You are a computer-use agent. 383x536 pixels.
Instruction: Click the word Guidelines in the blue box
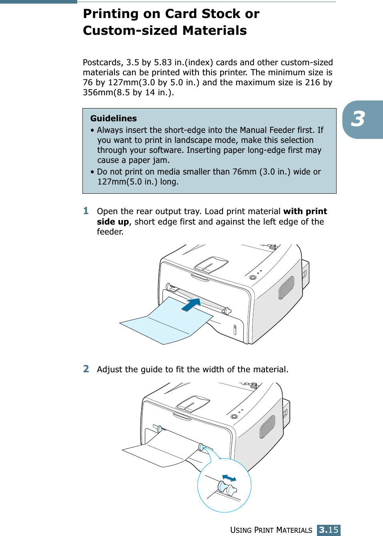[x=113, y=118]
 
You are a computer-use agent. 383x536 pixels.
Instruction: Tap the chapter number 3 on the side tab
[x=358, y=119]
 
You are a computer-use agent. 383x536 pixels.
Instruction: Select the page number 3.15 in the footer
[x=329, y=530]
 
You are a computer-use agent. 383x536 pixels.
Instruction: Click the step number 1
[x=86, y=211]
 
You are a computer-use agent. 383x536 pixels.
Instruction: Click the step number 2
[x=86, y=369]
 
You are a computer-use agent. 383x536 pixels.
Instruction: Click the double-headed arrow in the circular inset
[x=229, y=478]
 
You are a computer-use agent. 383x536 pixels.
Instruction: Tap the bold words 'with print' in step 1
[x=305, y=211]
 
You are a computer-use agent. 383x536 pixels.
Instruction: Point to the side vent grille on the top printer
[x=286, y=288]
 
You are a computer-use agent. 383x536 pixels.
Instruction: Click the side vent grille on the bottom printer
[x=267, y=427]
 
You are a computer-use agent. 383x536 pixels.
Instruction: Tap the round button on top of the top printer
[x=253, y=277]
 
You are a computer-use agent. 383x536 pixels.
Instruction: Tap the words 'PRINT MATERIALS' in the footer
[x=283, y=530]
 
